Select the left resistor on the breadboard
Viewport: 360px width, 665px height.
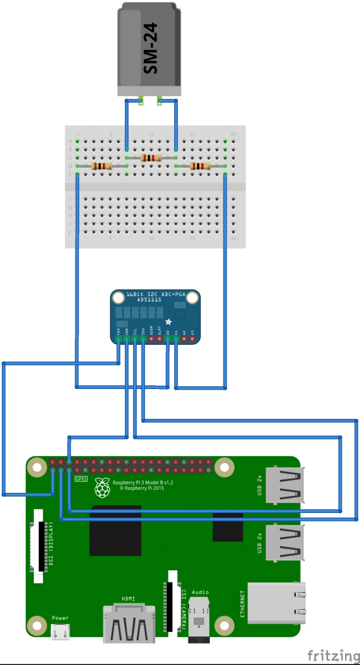[102, 166]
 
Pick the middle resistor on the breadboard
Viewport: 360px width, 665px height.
[151, 158]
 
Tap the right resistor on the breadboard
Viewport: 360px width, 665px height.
[200, 166]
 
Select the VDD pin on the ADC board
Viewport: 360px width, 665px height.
[118, 338]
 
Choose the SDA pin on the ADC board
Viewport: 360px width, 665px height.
[143, 338]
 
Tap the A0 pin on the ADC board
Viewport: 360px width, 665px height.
[168, 338]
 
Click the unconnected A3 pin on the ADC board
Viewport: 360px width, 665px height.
[192, 338]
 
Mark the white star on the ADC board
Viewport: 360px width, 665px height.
[169, 321]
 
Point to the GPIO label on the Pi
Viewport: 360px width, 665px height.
[81, 479]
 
